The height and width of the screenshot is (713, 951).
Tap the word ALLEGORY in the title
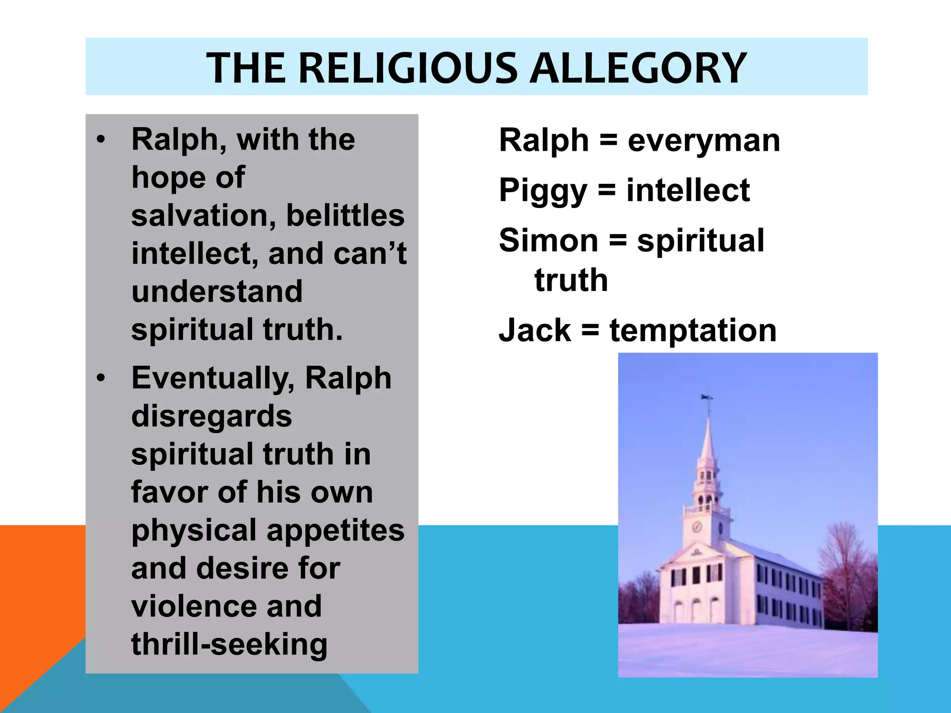[x=638, y=68]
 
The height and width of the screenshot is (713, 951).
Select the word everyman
[x=704, y=141]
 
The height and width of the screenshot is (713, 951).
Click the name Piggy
[x=543, y=191]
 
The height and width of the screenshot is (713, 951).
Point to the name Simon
[x=548, y=240]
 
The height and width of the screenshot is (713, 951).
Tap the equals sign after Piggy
[x=607, y=190]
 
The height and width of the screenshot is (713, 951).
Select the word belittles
[x=345, y=216]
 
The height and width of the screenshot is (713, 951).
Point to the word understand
[x=217, y=292]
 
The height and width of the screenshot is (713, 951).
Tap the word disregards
[x=212, y=416]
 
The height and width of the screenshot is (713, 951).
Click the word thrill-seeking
[x=229, y=644]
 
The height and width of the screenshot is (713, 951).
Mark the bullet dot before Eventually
[x=101, y=378]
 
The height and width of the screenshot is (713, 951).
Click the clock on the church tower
[x=697, y=526]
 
